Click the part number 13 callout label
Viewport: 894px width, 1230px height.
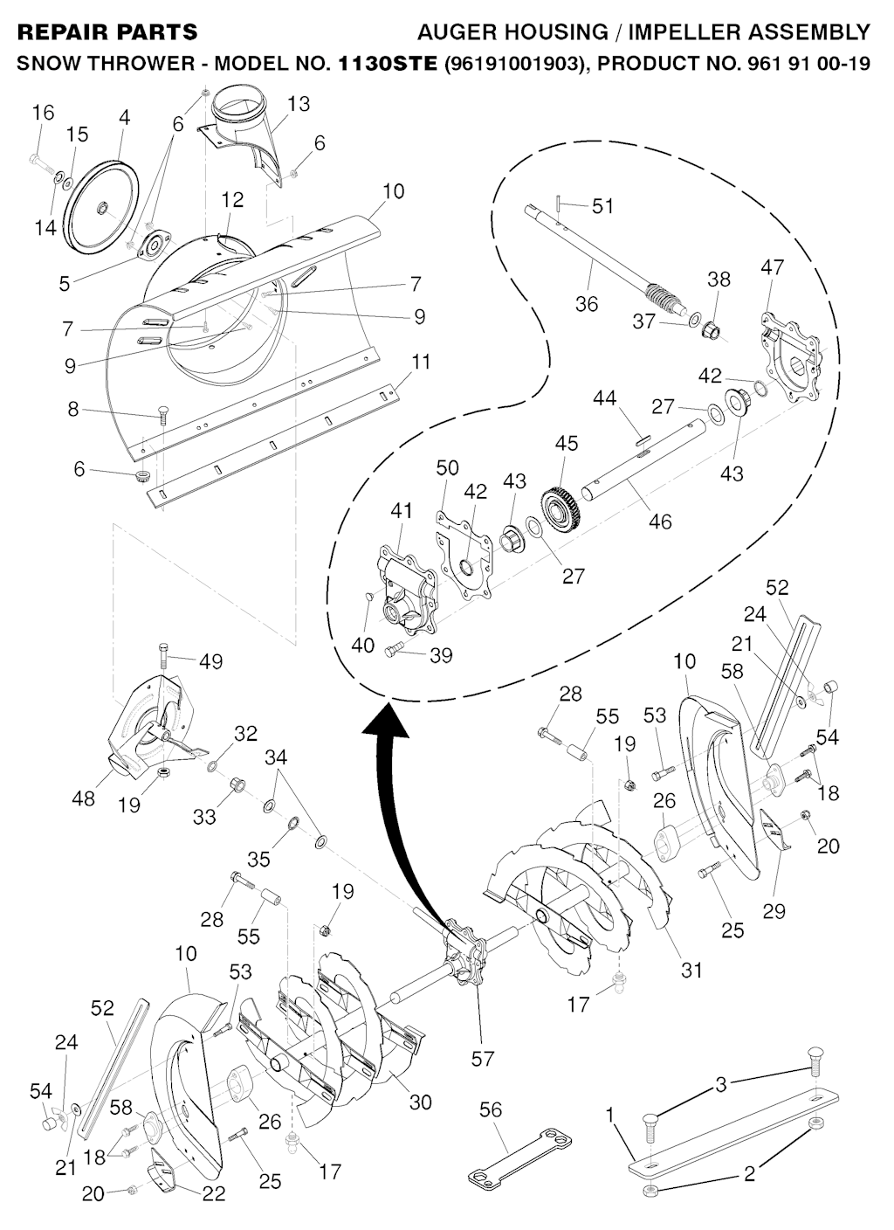(x=298, y=104)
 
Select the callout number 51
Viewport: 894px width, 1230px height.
(x=602, y=206)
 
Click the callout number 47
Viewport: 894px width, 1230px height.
(x=773, y=266)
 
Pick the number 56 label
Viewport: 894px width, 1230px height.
(x=492, y=1109)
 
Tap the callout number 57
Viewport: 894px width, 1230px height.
(x=483, y=1059)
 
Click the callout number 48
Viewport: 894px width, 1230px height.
(x=84, y=798)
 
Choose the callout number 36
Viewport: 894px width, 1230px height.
(x=587, y=303)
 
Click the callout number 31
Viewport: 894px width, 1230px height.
(x=691, y=970)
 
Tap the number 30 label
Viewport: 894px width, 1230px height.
(x=421, y=1102)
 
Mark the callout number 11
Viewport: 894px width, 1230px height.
(x=421, y=362)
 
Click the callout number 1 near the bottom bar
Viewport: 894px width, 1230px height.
(x=610, y=1115)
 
